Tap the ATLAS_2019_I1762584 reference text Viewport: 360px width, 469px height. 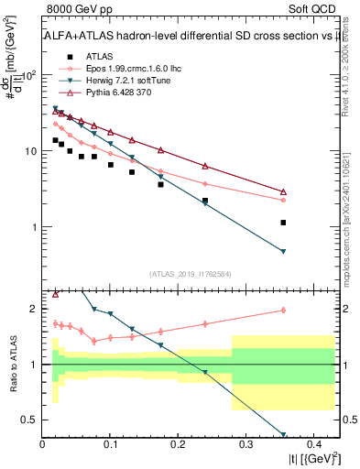pos(191,273)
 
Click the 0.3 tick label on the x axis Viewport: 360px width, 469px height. pos(245,444)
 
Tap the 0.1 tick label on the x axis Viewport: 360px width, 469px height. pos(110,444)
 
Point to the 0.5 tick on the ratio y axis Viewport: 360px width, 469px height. pos(30,420)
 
